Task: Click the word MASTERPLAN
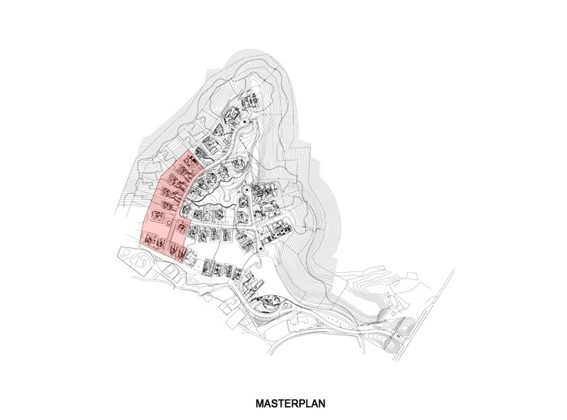290,403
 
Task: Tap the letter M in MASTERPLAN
259,403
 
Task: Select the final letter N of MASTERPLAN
321,403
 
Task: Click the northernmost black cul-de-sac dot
244,122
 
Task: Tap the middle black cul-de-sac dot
244,189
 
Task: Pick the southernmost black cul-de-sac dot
260,249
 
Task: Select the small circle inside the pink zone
169,222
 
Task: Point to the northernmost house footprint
249,101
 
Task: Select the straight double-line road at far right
424,314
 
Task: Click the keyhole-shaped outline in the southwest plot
133,257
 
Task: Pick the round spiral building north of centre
239,164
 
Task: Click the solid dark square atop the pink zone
192,159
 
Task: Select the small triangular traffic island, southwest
191,280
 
